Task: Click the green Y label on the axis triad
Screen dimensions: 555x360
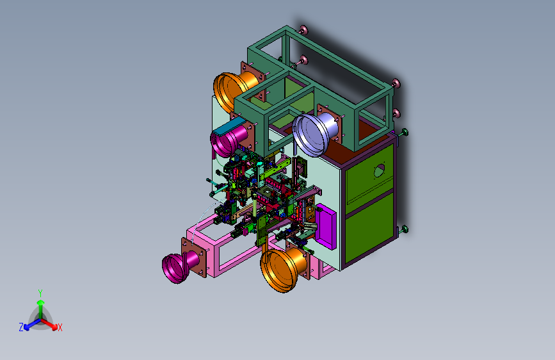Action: [x=40, y=293]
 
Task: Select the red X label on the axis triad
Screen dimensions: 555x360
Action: [x=60, y=328]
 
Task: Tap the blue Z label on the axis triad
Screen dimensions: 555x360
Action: [x=21, y=327]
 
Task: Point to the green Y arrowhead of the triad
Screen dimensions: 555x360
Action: [x=41, y=303]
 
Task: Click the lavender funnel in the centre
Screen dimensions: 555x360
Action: [x=314, y=133]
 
